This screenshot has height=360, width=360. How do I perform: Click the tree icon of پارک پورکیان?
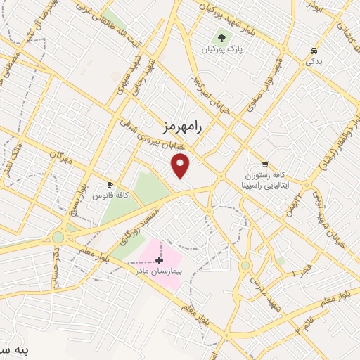[x=222, y=37]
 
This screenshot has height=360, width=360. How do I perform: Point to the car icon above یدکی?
[x=314, y=51]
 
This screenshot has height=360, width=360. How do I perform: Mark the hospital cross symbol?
[x=159, y=259]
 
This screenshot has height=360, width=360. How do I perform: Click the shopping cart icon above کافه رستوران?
[x=265, y=165]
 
